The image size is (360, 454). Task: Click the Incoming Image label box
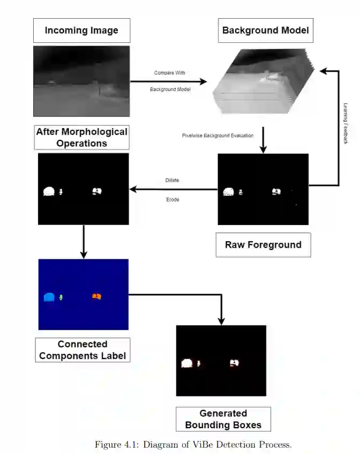[81, 31]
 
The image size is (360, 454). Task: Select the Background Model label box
[266, 31]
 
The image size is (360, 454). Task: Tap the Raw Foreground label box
[263, 245]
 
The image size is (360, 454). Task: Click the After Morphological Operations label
[81, 138]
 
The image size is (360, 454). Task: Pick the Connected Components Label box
[82, 349]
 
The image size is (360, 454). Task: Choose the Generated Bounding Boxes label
[223, 419]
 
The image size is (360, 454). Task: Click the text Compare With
[169, 73]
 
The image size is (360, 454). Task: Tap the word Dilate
[172, 181]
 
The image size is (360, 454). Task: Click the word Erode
[172, 199]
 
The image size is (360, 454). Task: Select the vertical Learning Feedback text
[346, 123]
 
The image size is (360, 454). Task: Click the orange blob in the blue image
[97, 296]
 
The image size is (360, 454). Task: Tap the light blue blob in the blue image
[49, 297]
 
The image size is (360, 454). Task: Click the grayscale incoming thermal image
[81, 81]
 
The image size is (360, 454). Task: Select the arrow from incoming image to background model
[168, 81]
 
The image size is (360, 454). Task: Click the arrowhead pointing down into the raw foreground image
[262, 150]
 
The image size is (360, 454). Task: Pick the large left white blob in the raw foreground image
[228, 191]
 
